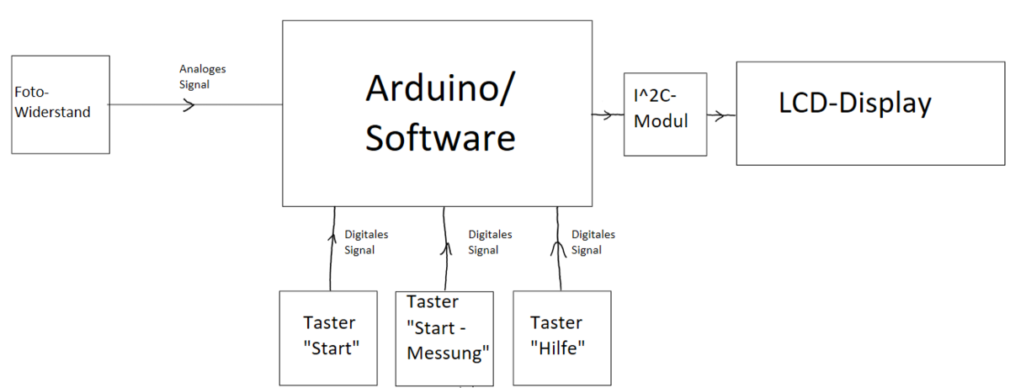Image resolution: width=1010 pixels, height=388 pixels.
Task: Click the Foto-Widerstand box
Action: (61, 104)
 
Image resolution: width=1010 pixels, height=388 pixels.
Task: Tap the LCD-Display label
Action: (855, 104)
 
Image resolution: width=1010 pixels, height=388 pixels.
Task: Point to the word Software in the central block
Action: (439, 137)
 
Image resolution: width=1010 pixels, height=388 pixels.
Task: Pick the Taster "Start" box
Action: (329, 337)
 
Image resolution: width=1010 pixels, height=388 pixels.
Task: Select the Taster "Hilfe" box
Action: (561, 337)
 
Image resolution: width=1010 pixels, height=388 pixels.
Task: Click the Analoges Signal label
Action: (203, 77)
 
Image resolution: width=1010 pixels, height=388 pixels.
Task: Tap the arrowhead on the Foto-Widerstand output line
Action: (189, 105)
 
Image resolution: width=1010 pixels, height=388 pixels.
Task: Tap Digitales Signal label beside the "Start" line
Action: (366, 242)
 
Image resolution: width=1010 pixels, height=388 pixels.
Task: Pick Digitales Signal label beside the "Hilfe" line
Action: (593, 242)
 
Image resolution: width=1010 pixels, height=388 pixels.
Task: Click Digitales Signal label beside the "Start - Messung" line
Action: (490, 242)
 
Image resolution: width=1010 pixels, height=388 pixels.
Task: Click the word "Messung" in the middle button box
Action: (448, 353)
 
